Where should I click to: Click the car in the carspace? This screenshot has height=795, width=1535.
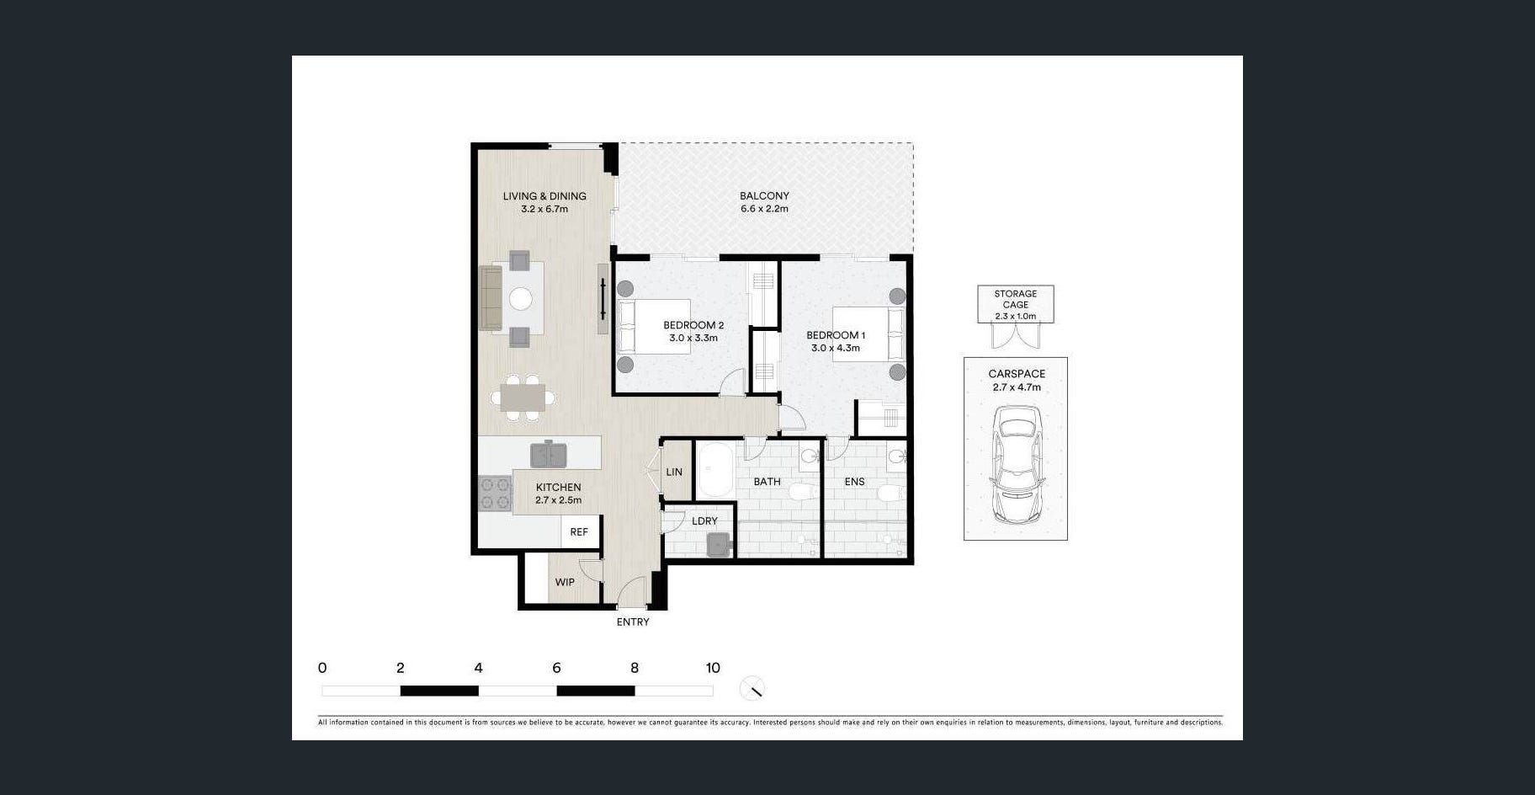pyautogui.click(x=1017, y=465)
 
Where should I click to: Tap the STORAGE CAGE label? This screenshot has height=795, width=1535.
pyautogui.click(x=1016, y=299)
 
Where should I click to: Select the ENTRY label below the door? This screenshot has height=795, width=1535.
pyautogui.click(x=633, y=622)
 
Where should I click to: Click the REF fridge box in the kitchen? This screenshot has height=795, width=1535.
pyautogui.click(x=580, y=531)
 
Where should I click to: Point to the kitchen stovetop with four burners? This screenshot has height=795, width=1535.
pyautogui.click(x=495, y=494)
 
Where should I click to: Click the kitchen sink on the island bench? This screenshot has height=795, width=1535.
pyautogui.click(x=549, y=455)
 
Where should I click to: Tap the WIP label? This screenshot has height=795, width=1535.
pyautogui.click(x=565, y=582)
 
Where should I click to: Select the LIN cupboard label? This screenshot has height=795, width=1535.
pyautogui.click(x=674, y=472)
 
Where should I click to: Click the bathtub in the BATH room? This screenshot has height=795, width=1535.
pyautogui.click(x=716, y=469)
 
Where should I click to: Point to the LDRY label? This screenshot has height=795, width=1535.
pyautogui.click(x=704, y=520)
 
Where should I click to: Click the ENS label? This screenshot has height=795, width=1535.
pyautogui.click(x=854, y=482)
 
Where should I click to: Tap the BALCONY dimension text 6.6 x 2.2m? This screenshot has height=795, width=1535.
pyautogui.click(x=764, y=209)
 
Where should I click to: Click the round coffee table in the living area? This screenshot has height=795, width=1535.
pyautogui.click(x=521, y=299)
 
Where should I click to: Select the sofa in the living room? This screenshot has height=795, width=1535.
pyautogui.click(x=491, y=298)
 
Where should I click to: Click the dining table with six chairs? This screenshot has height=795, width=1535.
pyautogui.click(x=523, y=396)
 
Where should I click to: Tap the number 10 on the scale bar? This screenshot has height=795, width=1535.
pyautogui.click(x=713, y=668)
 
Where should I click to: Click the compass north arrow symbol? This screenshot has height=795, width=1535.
pyautogui.click(x=752, y=689)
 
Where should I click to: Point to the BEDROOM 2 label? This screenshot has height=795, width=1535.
pyautogui.click(x=693, y=325)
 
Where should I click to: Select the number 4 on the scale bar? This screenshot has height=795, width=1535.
pyautogui.click(x=478, y=668)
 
